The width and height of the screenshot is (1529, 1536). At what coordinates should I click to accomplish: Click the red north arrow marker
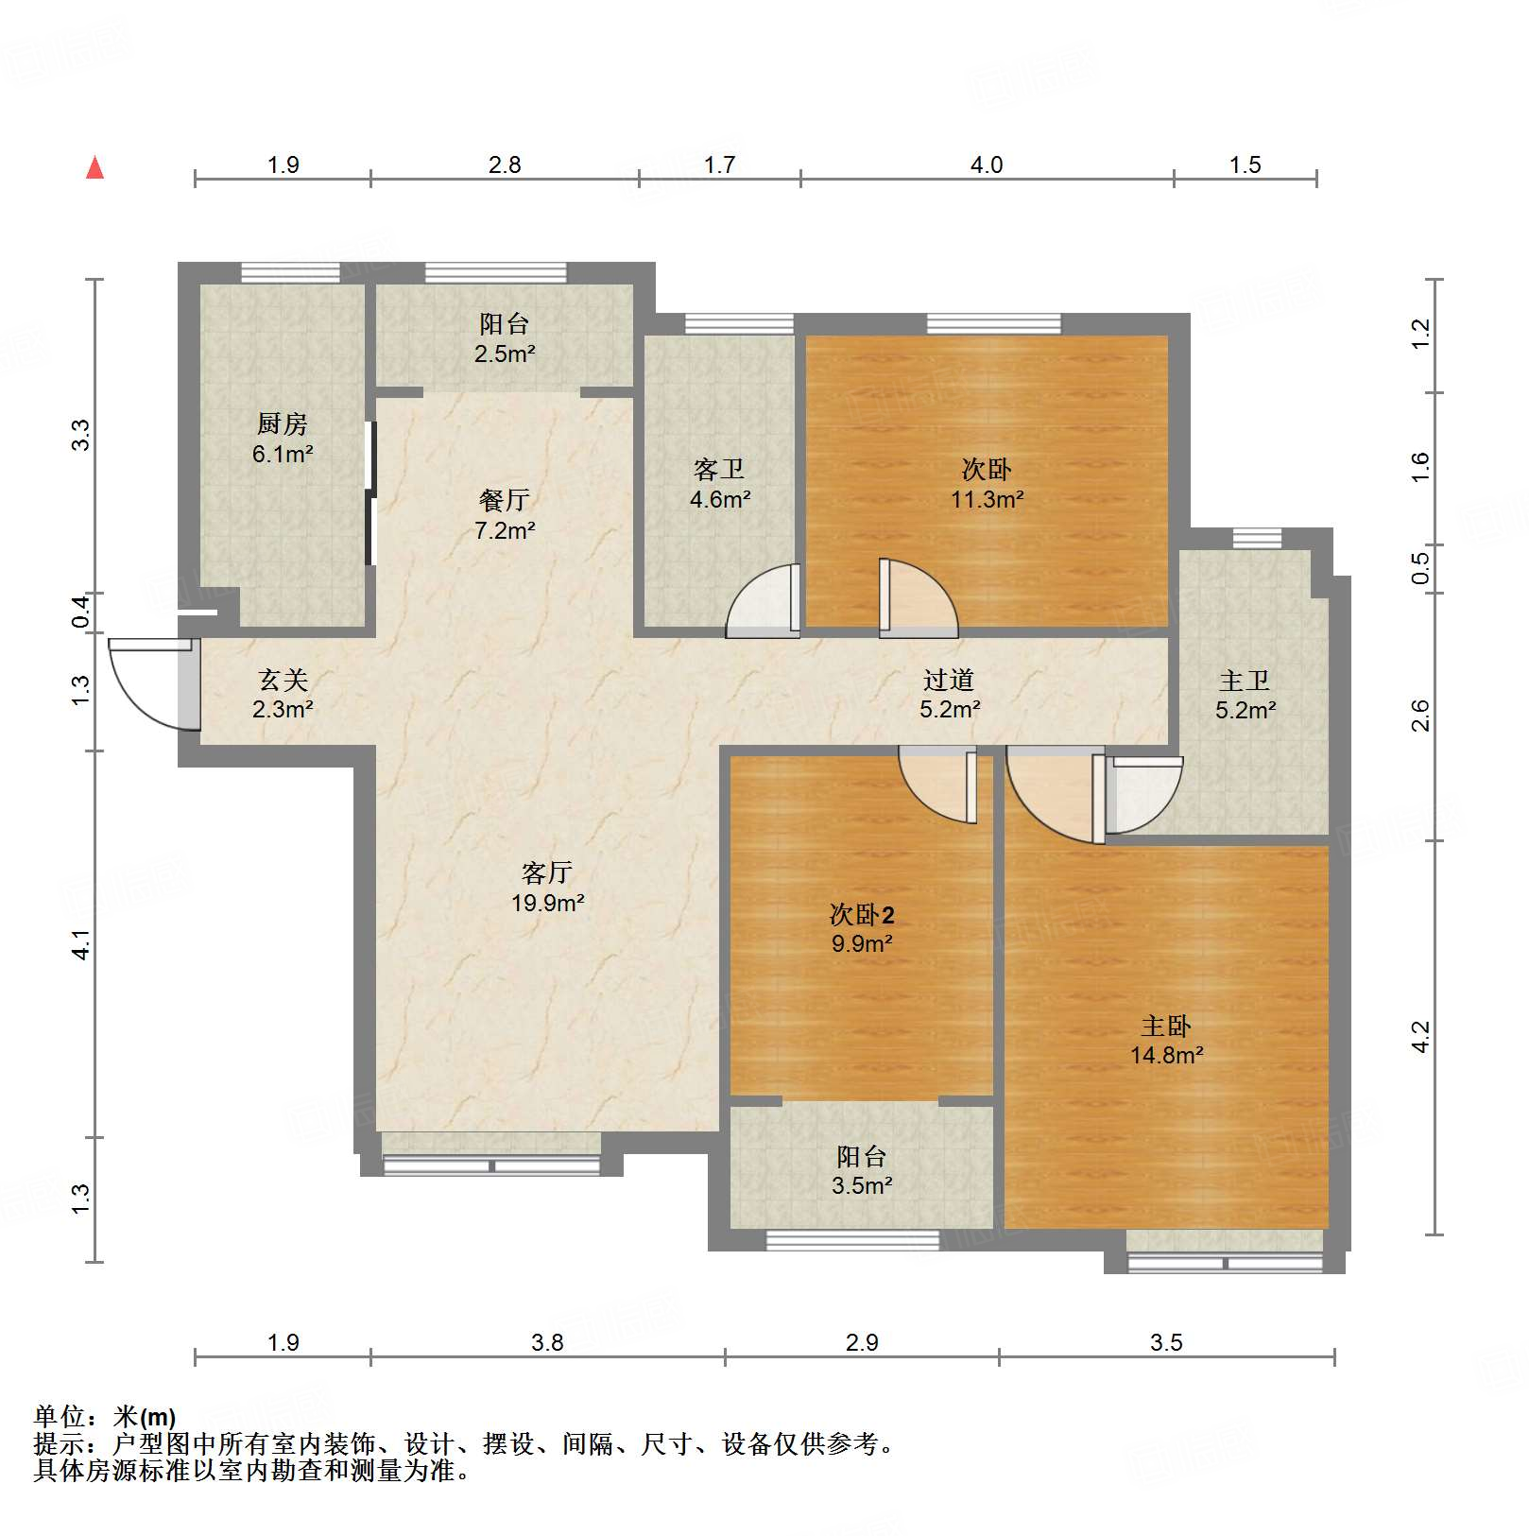coord(94,167)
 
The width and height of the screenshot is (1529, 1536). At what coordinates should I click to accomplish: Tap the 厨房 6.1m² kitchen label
coord(282,439)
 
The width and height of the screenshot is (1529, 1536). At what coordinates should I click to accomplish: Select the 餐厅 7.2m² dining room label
coord(505,515)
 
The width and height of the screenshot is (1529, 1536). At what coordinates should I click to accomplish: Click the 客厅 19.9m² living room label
coord(547,887)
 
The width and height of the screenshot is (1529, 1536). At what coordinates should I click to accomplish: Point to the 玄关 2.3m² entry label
coord(283,694)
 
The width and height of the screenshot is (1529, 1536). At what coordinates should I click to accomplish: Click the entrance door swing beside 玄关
coord(151,683)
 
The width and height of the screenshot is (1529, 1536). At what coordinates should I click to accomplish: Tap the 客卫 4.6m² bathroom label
coord(719,484)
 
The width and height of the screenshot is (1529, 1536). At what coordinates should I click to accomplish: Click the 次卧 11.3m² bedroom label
coord(987,484)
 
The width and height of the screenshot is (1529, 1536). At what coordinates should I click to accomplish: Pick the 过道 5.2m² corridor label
coord(949,694)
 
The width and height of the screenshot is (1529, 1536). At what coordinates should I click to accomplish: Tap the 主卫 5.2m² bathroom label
coord(1245,695)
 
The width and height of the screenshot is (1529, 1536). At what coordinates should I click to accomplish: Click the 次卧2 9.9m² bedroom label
coord(861,928)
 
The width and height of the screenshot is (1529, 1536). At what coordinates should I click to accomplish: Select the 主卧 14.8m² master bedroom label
coord(1166,1040)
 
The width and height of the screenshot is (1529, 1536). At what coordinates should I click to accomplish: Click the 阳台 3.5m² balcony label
coord(861,1170)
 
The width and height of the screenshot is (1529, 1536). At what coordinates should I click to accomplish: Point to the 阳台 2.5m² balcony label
coord(505,338)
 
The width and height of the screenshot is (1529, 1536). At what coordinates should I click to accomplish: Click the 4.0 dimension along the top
coord(986,165)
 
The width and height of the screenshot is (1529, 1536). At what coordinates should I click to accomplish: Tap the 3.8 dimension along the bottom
coord(547,1342)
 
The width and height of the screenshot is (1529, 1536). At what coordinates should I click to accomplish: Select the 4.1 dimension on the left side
coord(82,944)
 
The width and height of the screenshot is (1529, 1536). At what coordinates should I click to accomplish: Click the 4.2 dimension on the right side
coord(1420,1037)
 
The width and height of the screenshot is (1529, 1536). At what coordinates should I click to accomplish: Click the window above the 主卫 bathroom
coord(1257,538)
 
